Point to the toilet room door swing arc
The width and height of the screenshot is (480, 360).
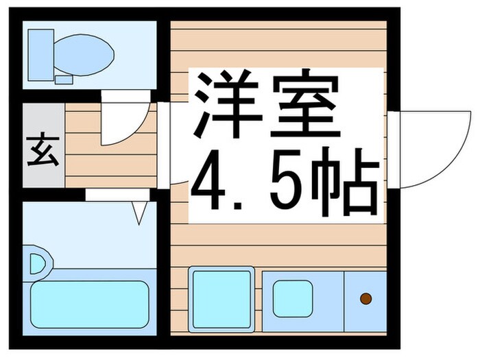point(127,121)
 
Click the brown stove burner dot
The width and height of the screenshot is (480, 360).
point(365,298)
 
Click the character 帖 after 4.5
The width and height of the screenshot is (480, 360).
point(347,182)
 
